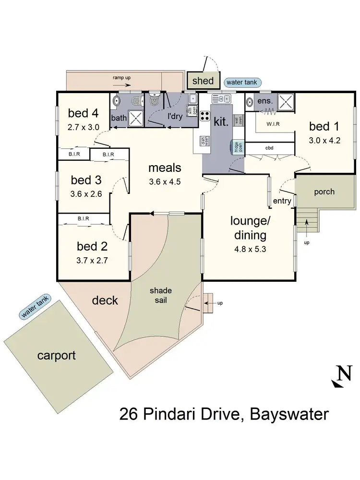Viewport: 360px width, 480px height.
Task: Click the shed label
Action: click(203, 81)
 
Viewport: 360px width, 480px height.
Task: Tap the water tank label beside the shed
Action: click(242, 83)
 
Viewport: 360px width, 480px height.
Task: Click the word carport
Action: click(57, 356)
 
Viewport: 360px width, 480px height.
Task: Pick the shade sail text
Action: click(157, 295)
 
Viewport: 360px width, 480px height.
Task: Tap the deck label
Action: click(105, 300)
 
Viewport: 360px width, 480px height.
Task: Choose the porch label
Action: click(324, 192)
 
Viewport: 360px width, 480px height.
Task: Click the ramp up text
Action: click(122, 77)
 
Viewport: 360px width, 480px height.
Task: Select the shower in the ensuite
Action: click(287, 102)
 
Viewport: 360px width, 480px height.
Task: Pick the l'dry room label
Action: click(176, 117)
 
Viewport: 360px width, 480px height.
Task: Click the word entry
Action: click(282, 201)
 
